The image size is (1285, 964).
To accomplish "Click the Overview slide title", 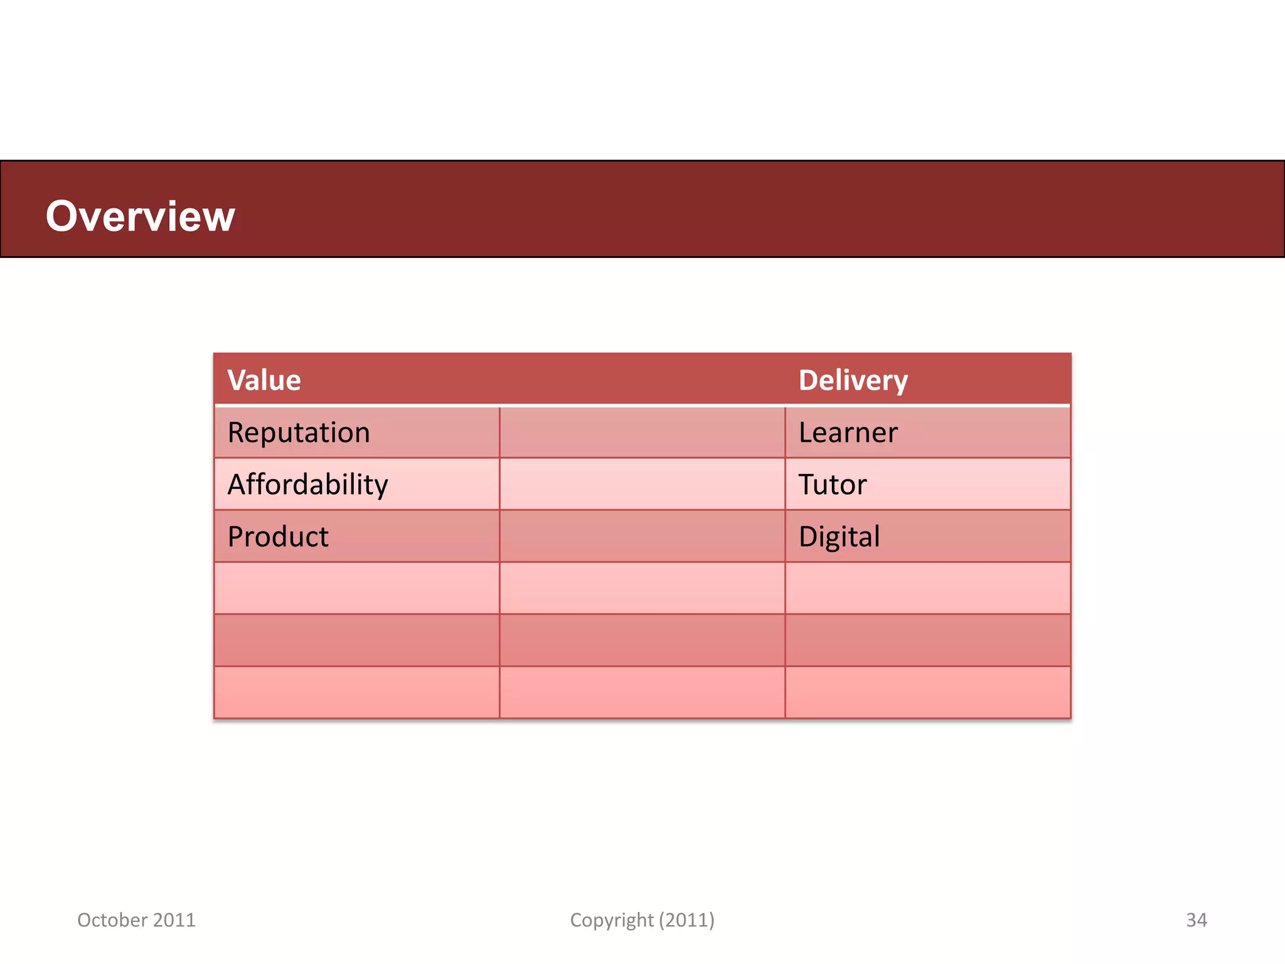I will click(x=140, y=217).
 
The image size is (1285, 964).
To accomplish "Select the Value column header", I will click(x=264, y=380).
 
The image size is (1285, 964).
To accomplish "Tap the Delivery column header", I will click(x=853, y=380).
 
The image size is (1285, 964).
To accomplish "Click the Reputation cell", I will click(x=299, y=433).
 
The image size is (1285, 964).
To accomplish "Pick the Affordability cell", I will click(x=307, y=485).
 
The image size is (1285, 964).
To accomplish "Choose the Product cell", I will click(x=278, y=537).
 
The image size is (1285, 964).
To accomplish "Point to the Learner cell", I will click(x=848, y=433).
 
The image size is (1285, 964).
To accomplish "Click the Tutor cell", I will click(x=832, y=485).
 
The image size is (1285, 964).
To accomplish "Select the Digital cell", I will click(x=839, y=537).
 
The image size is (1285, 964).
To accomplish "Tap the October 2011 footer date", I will click(x=136, y=920).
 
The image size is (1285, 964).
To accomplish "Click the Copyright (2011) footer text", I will click(x=642, y=920).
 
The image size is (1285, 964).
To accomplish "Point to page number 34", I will click(x=1196, y=920).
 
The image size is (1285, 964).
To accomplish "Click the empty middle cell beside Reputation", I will click(x=642, y=433).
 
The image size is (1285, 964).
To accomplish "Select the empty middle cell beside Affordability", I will click(x=642, y=485).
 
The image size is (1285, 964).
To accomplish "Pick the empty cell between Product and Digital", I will click(x=642, y=537).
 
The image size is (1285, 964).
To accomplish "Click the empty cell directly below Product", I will click(x=356, y=589).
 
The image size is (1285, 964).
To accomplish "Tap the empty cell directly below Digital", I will click(x=927, y=589).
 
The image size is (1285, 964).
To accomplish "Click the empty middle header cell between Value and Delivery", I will click(x=642, y=380).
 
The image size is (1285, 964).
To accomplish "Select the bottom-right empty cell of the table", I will click(x=927, y=692).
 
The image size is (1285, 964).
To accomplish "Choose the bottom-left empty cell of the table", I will click(x=356, y=692).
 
